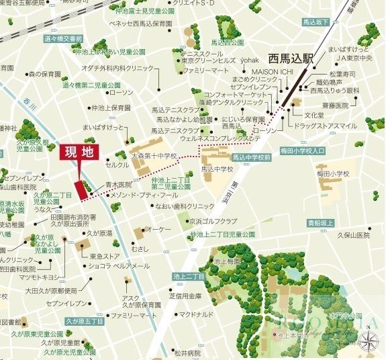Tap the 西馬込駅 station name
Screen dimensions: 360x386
[290, 58]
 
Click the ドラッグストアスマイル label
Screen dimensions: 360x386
[328, 126]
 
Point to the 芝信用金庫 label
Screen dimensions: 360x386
[185, 296]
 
